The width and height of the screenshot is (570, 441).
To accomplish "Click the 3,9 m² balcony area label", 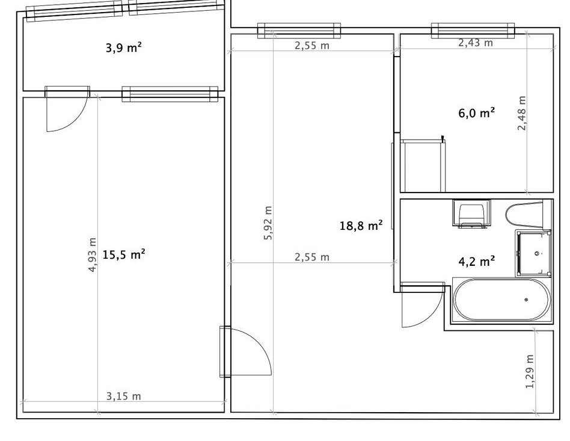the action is point(123,48).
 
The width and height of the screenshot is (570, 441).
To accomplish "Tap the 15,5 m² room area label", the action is point(124,254).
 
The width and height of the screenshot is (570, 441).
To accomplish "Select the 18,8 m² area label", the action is point(361,226).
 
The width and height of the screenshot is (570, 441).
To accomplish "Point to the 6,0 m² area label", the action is point(477,113).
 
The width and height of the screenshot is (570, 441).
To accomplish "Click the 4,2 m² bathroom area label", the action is point(477,261).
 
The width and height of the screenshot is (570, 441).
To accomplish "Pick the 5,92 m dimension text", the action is point(268,223).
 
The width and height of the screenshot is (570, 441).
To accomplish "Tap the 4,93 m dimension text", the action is point(93,254).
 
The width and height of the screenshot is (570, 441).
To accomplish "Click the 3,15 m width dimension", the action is point(124,396).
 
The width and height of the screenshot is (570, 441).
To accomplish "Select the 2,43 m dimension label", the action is point(476,43).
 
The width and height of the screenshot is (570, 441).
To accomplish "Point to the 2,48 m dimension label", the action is point(522,113).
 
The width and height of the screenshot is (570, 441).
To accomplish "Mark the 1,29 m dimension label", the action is point(530,371).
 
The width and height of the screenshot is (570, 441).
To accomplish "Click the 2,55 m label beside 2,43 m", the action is point(312,46).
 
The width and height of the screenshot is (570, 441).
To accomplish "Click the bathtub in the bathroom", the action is point(501,300).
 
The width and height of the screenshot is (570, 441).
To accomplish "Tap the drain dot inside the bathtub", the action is point(526,300).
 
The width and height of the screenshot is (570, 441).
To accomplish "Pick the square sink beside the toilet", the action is point(533,253).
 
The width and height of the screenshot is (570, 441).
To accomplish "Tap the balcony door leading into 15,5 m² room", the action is point(67,108).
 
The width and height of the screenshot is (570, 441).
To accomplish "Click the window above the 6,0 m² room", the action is point(473,31).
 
